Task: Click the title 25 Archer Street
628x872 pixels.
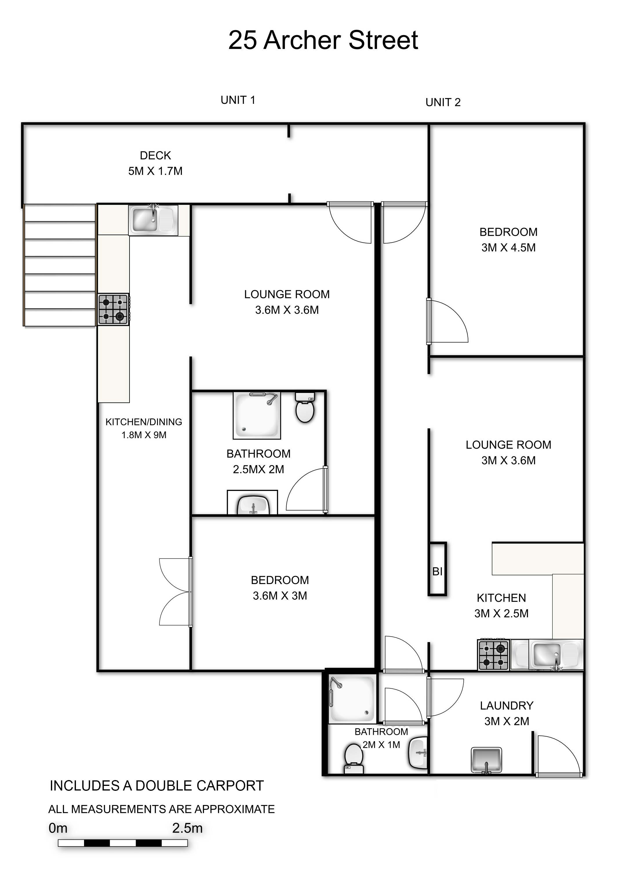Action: pos(323,40)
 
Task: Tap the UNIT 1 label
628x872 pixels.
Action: pos(238,100)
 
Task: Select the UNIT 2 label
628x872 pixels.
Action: pos(443,102)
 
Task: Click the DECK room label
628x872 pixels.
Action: pos(155,155)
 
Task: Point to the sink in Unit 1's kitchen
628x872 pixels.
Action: pos(153,220)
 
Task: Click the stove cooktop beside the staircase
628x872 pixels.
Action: pos(113,309)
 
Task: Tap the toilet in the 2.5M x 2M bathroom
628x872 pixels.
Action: pos(305,407)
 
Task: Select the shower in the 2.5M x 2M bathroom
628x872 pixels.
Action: pos(257,415)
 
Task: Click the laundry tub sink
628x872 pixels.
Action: pos(486,760)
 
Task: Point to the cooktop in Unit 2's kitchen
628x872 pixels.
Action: pos(494,655)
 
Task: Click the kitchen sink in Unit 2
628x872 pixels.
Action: pos(547,655)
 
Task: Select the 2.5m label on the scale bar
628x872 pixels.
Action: pos(187,828)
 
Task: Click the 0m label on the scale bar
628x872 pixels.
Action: pos(58,828)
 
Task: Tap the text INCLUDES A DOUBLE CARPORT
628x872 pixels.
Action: pos(157,786)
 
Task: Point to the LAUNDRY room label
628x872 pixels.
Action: pos(507,706)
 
